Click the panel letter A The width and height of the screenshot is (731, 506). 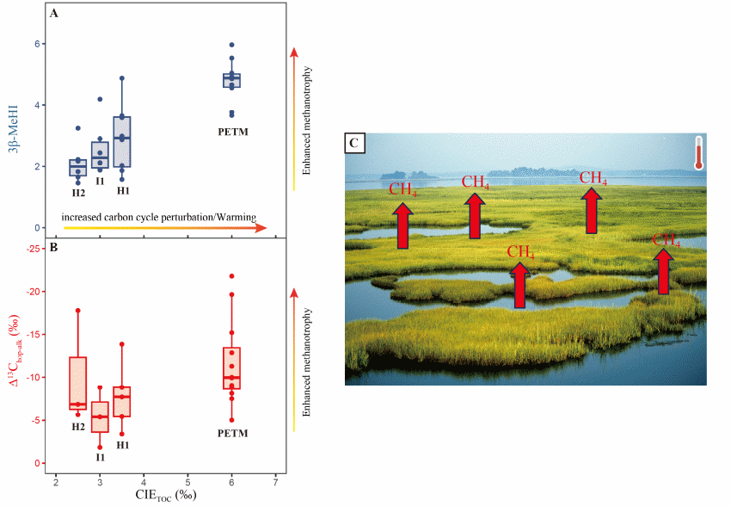pos(54,15)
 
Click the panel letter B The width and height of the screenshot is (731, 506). pos(54,249)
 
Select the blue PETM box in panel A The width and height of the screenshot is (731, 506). pos(231,80)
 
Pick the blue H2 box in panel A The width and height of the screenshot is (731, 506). pos(78,167)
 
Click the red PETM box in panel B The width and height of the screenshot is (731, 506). pos(231,368)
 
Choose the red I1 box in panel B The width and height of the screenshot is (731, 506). pos(100,417)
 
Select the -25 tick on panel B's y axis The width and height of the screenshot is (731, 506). pos(34,250)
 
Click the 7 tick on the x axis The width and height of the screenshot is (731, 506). pos(275,479)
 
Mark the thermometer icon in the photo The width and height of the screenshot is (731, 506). pos(698,152)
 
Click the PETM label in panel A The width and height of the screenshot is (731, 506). pos(230,133)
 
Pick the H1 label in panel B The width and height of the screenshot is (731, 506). pos(122,445)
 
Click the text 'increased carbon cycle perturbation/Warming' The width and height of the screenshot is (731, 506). pos(159,219)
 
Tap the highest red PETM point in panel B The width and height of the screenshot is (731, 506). pos(231,276)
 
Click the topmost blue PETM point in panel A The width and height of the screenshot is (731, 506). pos(231,45)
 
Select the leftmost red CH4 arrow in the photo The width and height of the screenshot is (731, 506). pos(402,225)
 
